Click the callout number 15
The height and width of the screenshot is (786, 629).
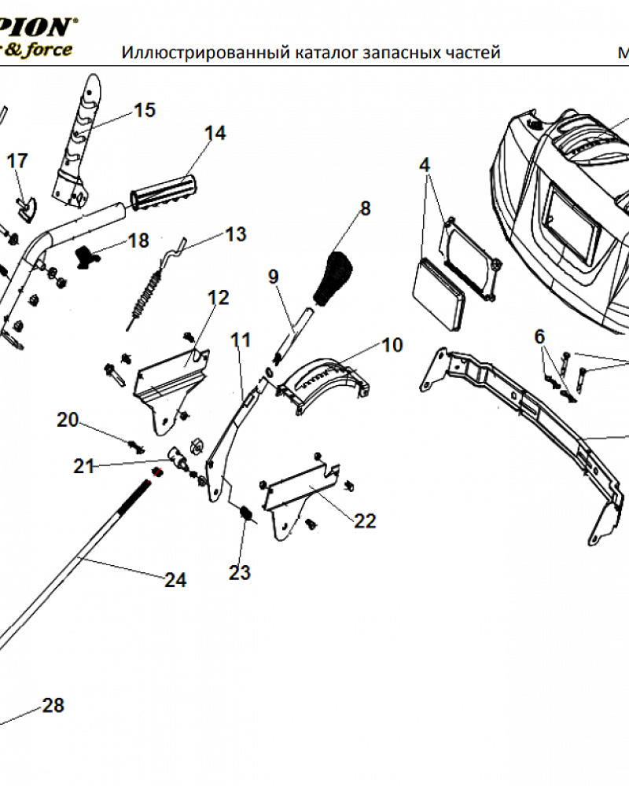coord(145,110)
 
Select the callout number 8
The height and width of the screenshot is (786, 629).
coord(365,208)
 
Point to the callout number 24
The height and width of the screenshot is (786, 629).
coord(175,580)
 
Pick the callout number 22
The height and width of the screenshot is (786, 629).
coord(365,520)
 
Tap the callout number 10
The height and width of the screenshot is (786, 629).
coord(392,344)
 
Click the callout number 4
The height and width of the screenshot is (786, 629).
coord(425,165)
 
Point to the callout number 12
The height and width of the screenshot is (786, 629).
coord(218,298)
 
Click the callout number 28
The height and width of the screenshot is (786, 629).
coord(53,705)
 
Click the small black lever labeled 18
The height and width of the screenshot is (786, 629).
coord(86,254)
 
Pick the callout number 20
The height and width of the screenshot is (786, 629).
coord(68,420)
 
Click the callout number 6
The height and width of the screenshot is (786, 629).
coord(539,336)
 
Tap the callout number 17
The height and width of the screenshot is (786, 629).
coord(17,161)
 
